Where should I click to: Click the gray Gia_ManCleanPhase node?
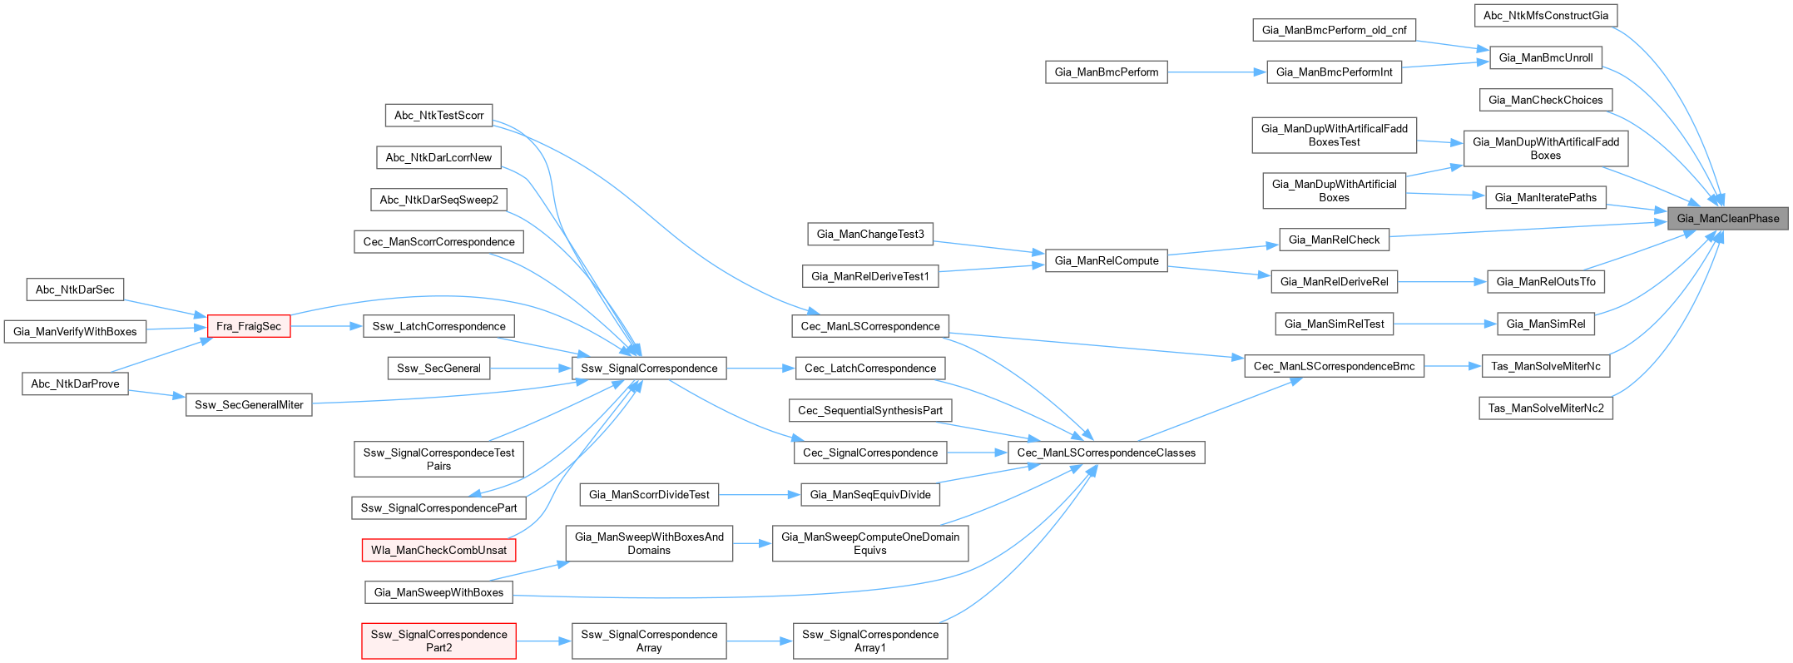(1727, 219)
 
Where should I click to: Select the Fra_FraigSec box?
(249, 326)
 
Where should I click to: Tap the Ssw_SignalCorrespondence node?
(649, 369)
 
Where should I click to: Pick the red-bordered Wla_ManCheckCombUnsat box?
(438, 550)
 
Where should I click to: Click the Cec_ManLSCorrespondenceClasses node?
(1106, 453)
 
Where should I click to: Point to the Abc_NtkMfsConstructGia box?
(1545, 15)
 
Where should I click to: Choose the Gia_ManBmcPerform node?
(1106, 72)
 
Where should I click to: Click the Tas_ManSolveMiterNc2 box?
(1545, 408)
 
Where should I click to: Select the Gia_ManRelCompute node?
(1106, 260)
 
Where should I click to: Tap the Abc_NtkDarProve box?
(75, 383)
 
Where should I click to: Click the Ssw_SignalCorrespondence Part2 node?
(438, 641)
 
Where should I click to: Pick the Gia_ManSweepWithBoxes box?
(438, 592)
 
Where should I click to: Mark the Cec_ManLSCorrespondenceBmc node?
(1334, 366)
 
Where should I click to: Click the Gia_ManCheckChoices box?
(1545, 100)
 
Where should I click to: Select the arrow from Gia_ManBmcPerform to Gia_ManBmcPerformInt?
(1216, 72)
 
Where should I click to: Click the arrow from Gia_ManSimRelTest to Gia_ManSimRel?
(1445, 324)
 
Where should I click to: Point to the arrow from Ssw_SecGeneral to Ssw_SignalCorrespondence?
(531, 369)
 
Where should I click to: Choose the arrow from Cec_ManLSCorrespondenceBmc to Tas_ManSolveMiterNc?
(1453, 366)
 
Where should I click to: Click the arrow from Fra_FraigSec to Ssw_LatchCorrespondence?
(327, 326)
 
